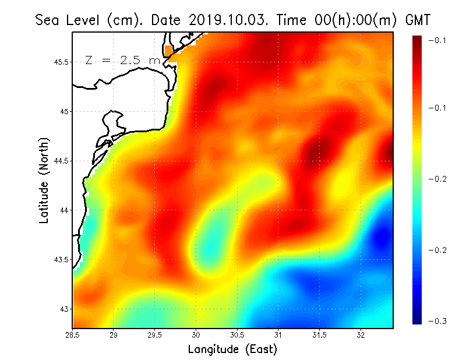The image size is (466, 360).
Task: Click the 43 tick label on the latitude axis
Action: (63, 309)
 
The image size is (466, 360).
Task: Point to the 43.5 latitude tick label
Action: (61, 259)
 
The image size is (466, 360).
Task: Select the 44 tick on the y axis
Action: (63, 210)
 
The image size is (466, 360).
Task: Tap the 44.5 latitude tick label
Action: (61, 161)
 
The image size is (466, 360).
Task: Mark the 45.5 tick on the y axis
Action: (61, 62)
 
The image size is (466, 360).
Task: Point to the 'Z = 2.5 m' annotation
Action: (122, 61)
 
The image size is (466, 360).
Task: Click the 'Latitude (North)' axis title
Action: (44, 181)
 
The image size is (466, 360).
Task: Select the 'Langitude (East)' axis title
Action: (232, 350)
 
